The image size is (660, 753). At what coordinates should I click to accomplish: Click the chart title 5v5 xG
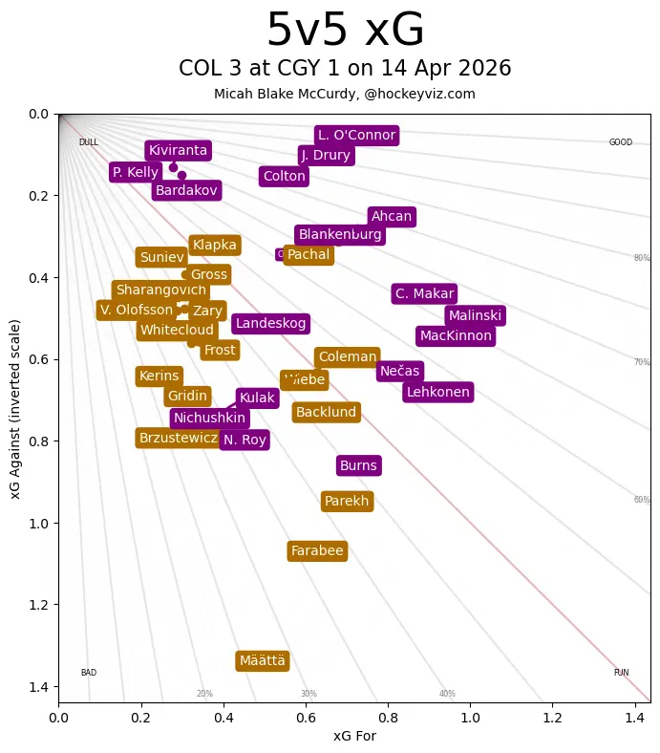pos(345,31)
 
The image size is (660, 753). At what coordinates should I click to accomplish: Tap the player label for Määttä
pos(263,661)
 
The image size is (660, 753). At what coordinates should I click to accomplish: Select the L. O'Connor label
pos(356,135)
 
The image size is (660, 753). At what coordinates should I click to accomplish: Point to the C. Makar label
pos(424,293)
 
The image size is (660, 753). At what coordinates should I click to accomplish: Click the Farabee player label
pos(317,551)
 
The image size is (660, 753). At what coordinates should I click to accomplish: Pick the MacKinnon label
pos(456,336)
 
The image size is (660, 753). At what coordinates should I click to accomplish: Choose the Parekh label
pos(347,502)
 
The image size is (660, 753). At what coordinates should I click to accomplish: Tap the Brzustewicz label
pos(179,439)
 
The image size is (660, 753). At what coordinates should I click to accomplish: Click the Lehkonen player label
pos(437,392)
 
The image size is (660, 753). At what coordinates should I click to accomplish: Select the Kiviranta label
pos(178,150)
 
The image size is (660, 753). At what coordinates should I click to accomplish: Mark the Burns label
pos(359,466)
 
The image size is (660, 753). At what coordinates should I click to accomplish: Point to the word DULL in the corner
pos(89,142)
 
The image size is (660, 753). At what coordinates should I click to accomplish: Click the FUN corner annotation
pos(621,673)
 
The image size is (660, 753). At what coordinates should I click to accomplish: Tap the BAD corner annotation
pos(89,673)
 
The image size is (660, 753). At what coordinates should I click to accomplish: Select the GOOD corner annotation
pos(621,142)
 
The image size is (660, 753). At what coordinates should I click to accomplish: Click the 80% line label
pos(642,258)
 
